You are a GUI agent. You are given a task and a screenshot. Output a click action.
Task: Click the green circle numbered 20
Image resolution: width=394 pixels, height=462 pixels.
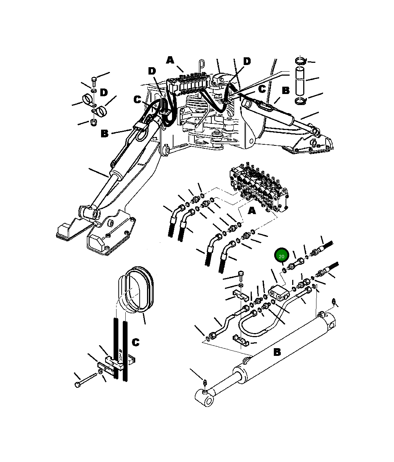coord(282,256)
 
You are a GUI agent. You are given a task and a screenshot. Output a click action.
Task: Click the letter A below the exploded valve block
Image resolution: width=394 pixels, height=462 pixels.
coord(252,211)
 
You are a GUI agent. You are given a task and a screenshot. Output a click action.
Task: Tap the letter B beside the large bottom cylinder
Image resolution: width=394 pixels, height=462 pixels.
coord(277,352)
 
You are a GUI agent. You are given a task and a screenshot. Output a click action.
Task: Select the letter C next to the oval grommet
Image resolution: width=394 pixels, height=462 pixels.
coord(136,343)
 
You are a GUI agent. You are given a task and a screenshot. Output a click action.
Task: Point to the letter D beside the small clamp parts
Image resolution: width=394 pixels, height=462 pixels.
coord(104,92)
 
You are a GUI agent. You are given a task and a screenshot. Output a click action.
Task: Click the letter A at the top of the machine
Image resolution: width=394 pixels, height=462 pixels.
coord(170,60)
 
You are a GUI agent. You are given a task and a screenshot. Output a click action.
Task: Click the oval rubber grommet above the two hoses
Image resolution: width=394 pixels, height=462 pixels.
coord(137,289)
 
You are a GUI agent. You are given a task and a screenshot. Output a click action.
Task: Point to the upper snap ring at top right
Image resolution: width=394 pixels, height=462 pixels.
coord(301,61)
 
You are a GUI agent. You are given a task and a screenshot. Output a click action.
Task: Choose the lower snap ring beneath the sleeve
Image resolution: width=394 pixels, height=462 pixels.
coord(301,101)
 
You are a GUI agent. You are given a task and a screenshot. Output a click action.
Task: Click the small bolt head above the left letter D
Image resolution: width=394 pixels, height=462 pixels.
coord(94,79)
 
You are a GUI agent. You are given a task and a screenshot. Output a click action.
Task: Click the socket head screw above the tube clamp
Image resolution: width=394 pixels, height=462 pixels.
coord(241,275)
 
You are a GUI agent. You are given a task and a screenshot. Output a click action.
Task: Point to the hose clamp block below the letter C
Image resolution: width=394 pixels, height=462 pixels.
coord(117,363)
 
